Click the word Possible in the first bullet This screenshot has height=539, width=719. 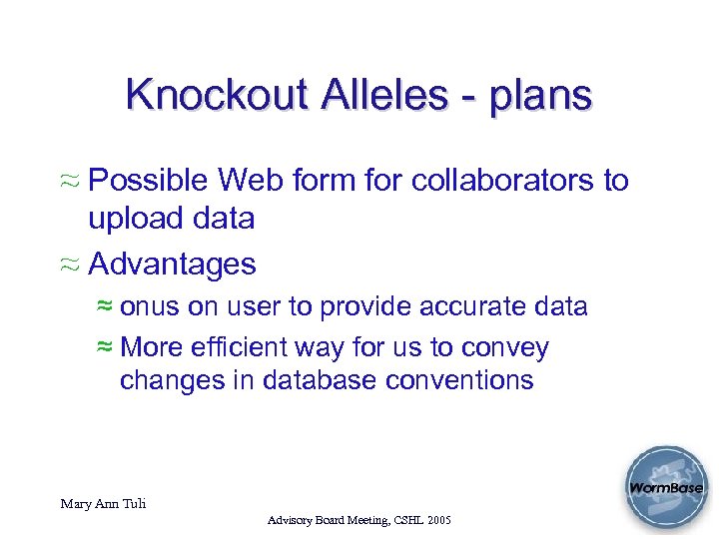[x=149, y=181]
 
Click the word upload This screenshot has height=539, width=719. [x=135, y=219]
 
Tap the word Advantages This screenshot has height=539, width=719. [x=172, y=265]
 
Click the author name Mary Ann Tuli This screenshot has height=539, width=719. [x=103, y=504]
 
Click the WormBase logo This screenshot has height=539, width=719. [x=664, y=489]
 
